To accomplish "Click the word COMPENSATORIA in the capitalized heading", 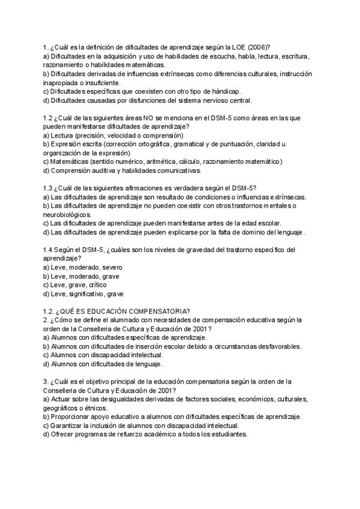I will click(x=161, y=311).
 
